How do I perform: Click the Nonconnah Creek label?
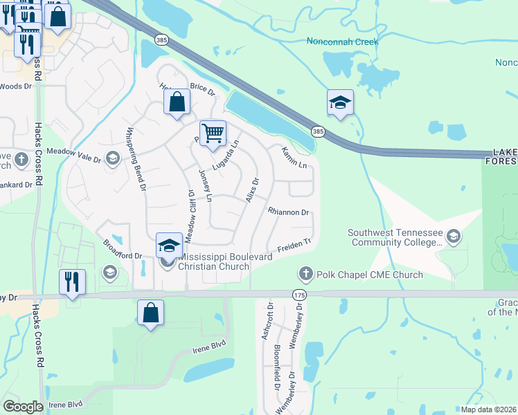point(343,41)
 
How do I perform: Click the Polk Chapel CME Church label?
point(369,275)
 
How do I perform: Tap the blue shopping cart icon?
point(213,133)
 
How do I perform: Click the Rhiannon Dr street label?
point(287,212)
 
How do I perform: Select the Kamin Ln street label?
point(294,158)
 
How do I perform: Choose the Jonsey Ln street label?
point(205,185)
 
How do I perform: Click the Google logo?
point(24,406)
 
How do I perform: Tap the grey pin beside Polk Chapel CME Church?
point(305,275)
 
